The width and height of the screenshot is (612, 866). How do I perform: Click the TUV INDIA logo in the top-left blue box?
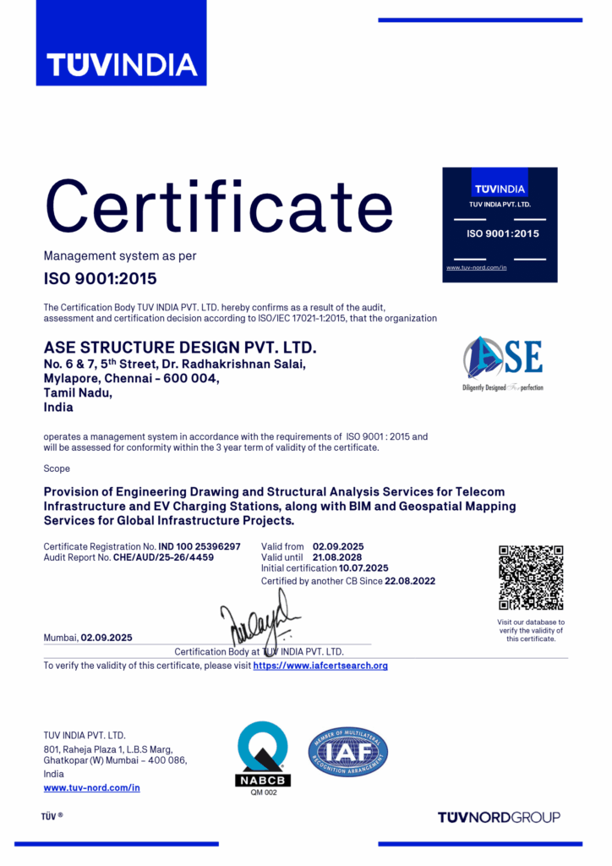click(x=121, y=63)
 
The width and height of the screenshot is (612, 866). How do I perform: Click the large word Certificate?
click(x=218, y=206)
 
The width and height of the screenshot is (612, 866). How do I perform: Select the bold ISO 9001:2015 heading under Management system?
click(x=100, y=277)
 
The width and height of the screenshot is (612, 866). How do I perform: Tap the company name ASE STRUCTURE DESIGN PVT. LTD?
click(x=179, y=348)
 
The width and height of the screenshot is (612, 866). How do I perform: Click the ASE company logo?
click(x=503, y=362)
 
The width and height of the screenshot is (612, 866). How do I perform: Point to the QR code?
click(x=531, y=578)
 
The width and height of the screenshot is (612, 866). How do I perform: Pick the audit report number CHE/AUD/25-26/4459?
click(x=163, y=557)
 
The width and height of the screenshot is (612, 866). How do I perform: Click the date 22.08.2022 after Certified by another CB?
click(x=410, y=581)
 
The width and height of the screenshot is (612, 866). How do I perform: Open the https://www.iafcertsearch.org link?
click(x=320, y=666)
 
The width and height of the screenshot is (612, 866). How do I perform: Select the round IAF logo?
click(x=348, y=752)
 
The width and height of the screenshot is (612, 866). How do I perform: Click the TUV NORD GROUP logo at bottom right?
click(x=499, y=817)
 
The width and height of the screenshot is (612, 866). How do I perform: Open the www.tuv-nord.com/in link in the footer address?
click(x=91, y=787)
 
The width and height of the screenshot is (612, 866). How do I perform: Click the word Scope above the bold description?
click(x=57, y=469)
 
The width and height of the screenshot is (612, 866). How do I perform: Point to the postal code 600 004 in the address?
click(x=195, y=379)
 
